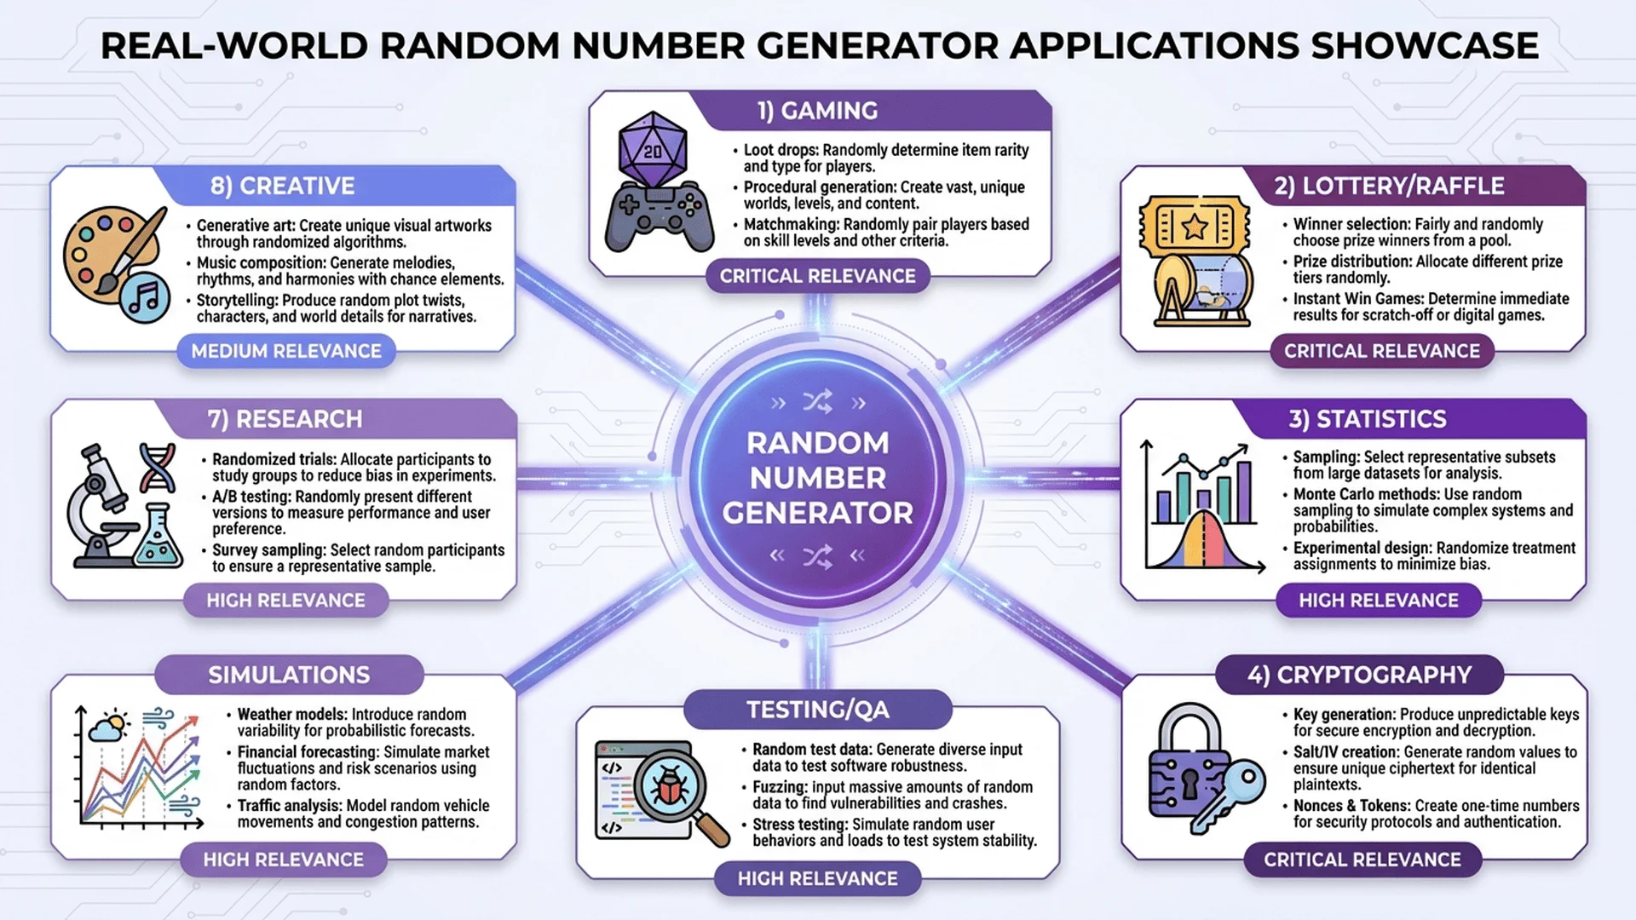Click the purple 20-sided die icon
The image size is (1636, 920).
pos(653,151)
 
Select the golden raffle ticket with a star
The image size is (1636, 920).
pos(1195,227)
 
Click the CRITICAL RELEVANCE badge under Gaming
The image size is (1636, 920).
pos(817,276)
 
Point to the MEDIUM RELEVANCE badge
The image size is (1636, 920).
pos(286,351)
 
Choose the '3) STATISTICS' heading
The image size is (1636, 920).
pos(1367,419)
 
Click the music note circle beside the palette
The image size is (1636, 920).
pos(144,297)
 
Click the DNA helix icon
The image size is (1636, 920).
pos(157,467)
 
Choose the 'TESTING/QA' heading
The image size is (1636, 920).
pos(817,710)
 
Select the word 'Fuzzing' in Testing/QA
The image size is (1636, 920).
pos(779,787)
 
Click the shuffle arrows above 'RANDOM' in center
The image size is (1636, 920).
pos(817,403)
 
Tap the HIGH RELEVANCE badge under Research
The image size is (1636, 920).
pos(285,601)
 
